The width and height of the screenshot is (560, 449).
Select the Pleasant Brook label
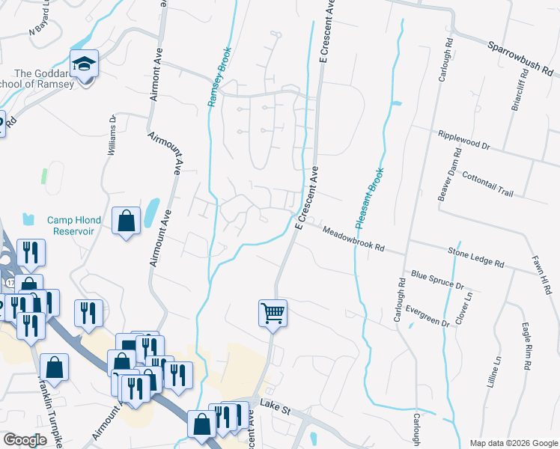point(371,195)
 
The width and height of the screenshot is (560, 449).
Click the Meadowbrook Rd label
point(353,239)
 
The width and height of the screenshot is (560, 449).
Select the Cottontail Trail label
point(488,182)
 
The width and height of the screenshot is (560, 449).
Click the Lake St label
point(275,403)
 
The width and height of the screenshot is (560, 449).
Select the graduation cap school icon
point(85,64)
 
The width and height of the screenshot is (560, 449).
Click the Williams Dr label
point(112,135)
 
